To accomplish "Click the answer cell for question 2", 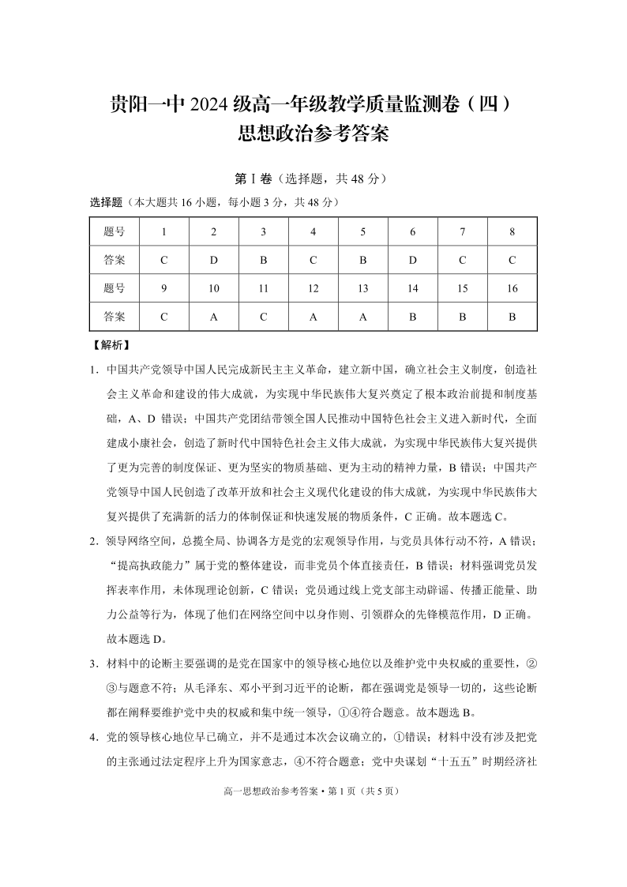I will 213,259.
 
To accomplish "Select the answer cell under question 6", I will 413,259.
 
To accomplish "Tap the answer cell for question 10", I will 213,317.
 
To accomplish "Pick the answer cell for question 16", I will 512,317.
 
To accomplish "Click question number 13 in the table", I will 363,288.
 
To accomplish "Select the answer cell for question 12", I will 313,317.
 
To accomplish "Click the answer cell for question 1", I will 163,259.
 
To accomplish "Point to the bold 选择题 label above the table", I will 107,202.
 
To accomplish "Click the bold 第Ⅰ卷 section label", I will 253,179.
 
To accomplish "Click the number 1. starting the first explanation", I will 94,369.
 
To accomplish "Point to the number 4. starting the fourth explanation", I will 94,738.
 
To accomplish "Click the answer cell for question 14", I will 413,317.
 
